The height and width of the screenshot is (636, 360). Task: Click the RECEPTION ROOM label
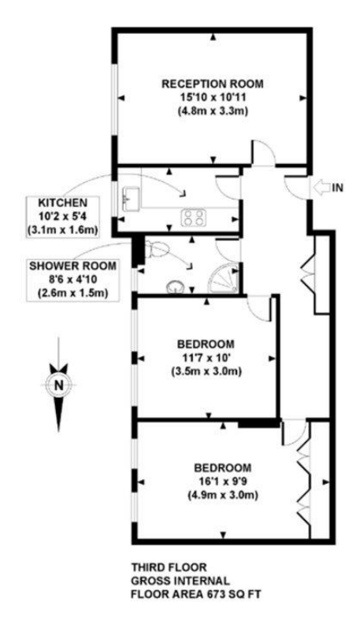click(x=213, y=84)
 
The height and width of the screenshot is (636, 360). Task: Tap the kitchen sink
click(x=129, y=199)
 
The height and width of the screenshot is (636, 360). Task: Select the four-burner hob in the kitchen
click(x=192, y=217)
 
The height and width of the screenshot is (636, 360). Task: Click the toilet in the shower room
click(x=156, y=247)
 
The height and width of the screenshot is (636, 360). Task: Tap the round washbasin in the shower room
click(x=175, y=286)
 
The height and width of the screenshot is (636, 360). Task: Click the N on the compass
click(x=59, y=385)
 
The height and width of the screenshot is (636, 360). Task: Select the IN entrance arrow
click(x=321, y=188)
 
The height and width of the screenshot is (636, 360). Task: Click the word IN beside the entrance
click(x=338, y=188)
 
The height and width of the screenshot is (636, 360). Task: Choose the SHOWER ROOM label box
click(x=72, y=280)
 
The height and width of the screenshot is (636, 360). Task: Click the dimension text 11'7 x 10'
click(x=206, y=358)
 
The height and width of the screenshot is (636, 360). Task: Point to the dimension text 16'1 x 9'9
click(x=223, y=482)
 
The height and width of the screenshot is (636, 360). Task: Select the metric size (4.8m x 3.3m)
click(x=213, y=110)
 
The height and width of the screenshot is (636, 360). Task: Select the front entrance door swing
click(x=296, y=187)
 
